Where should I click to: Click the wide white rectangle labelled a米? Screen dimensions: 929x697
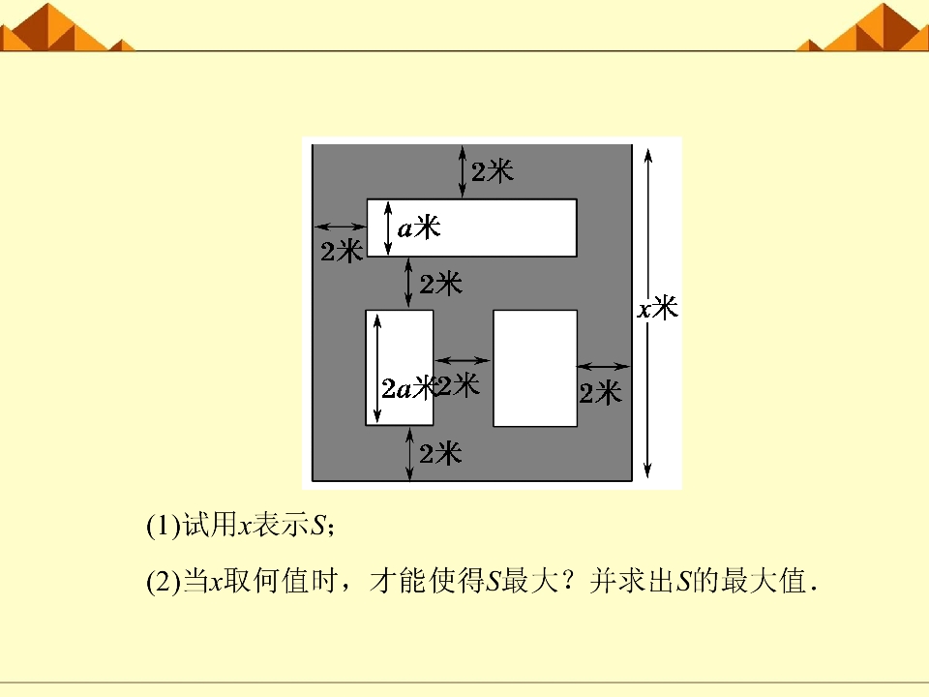pyautogui.click(x=471, y=227)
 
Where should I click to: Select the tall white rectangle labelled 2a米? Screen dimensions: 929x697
pyautogui.click(x=400, y=368)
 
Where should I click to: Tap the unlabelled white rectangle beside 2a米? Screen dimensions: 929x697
pyautogui.click(x=535, y=368)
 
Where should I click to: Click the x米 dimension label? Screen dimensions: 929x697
pyautogui.click(x=658, y=308)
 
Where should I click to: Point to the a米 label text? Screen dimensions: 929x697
pyautogui.click(x=419, y=227)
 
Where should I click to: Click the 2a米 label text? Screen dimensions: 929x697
pyautogui.click(x=408, y=389)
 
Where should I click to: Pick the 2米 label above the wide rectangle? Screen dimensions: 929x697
pyautogui.click(x=493, y=172)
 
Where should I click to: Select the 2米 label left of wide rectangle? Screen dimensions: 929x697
pyautogui.click(x=342, y=252)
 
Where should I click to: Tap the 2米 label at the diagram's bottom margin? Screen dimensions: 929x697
pyautogui.click(x=440, y=454)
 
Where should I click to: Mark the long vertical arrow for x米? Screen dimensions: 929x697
pyautogui.click(x=648, y=313)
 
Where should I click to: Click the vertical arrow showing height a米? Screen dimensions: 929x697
pyautogui.click(x=388, y=228)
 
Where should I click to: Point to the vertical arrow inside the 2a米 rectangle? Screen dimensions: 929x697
pyautogui.click(x=377, y=368)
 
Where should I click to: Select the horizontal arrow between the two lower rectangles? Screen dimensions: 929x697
pyautogui.click(x=463, y=360)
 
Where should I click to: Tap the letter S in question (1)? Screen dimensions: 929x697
pyautogui.click(x=317, y=526)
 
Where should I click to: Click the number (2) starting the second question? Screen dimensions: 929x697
pyautogui.click(x=164, y=582)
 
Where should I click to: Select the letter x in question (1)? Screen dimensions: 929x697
pyautogui.click(x=245, y=527)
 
